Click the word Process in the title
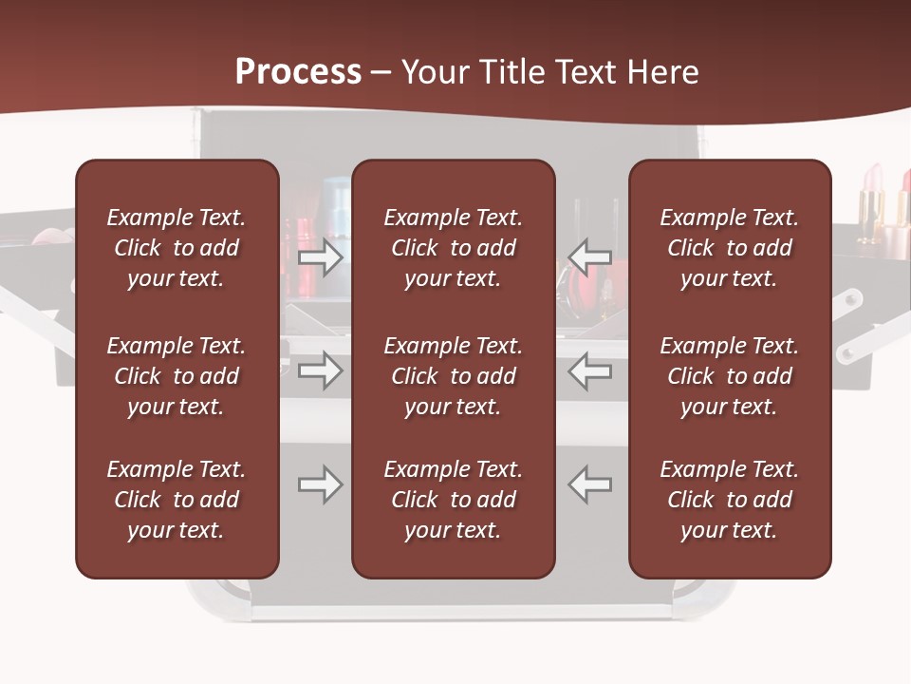298,72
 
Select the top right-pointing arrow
321,256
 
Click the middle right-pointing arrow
321,370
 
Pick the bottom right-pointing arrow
321,484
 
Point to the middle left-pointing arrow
589,370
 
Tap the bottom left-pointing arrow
589,484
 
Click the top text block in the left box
177,248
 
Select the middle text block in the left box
177,376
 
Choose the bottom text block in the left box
177,500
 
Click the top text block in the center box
454,248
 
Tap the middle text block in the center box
454,376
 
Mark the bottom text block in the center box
454,500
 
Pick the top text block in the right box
730,248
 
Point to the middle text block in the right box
730,376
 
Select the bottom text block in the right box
730,500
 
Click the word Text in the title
585,72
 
